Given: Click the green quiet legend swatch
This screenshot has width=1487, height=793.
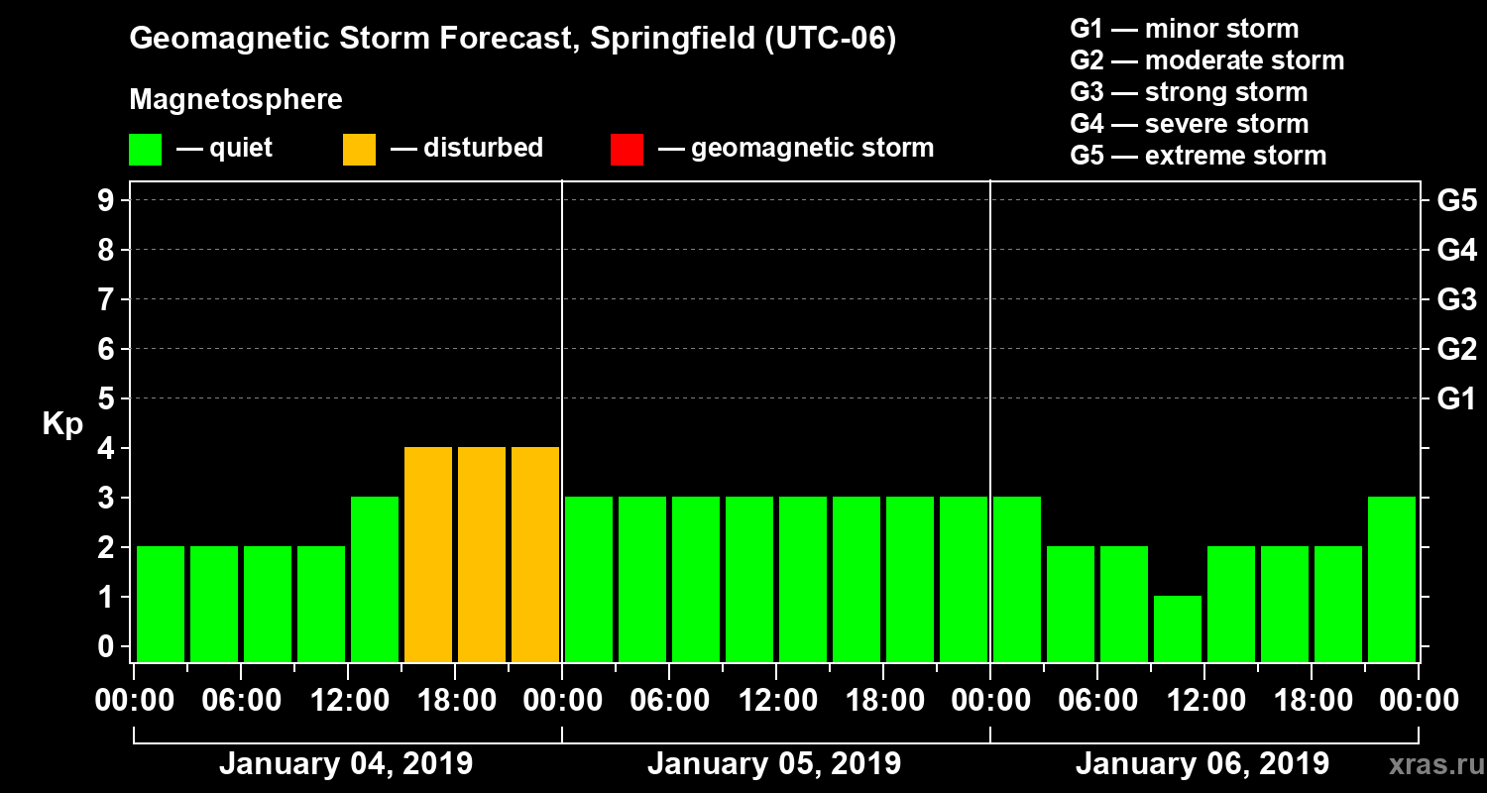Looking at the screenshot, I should click(145, 149).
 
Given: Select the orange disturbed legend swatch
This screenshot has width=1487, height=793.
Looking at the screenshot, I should click(359, 149).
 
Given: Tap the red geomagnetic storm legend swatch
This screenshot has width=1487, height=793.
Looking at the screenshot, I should click(627, 149).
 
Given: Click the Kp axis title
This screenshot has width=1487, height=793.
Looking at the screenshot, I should click(62, 423).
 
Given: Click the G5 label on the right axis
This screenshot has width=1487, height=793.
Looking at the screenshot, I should click(1456, 200).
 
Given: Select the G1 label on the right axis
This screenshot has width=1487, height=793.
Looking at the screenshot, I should click(1456, 399).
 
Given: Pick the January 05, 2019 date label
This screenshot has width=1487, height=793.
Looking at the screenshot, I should click(774, 764).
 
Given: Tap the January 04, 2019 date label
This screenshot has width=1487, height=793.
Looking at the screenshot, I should click(346, 764).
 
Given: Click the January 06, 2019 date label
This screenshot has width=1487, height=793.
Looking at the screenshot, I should click(1202, 764).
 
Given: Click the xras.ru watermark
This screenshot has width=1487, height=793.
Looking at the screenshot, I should click(1429, 765).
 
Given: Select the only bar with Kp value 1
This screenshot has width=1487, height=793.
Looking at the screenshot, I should click(1178, 628).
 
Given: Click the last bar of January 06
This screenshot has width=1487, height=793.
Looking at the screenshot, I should click(1392, 579).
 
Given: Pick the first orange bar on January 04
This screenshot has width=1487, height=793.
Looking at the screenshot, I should click(428, 554).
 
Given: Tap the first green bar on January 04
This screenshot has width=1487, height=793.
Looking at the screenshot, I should click(161, 604).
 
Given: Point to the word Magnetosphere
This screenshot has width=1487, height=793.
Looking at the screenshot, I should click(236, 100).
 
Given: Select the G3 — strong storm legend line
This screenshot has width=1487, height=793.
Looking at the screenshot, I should click(1189, 92).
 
